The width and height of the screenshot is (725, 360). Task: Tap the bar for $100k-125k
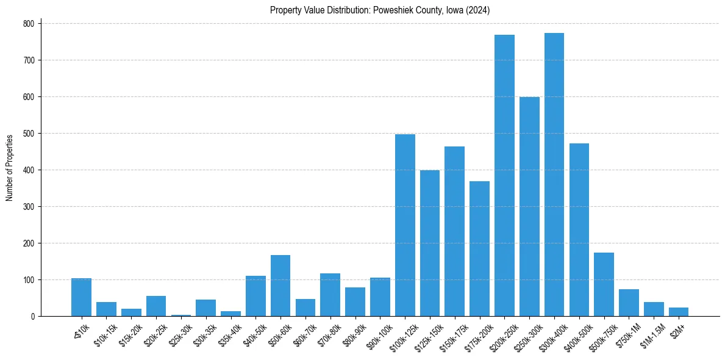pos(405,225)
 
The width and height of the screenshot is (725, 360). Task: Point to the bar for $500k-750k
pos(604,284)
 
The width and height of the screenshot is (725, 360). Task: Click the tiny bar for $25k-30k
pos(181,315)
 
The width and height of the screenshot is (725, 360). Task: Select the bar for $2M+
pos(678,312)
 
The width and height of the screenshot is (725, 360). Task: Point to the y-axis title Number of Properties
pos(10,168)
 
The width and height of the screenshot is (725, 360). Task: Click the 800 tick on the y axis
pos(29,23)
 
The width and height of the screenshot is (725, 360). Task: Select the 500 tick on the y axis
pos(29,133)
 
